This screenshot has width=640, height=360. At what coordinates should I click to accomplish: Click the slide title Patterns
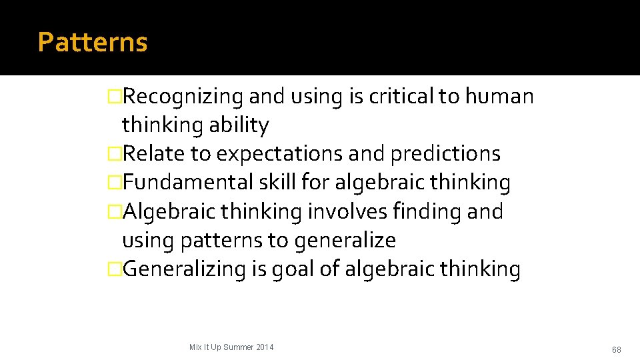coord(93,42)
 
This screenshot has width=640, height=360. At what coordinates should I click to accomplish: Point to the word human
coord(499,97)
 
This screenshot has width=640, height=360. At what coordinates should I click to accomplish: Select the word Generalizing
coord(185,269)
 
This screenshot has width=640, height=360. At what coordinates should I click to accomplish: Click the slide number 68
coord(616,350)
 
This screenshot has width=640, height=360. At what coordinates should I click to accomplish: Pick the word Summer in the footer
coord(237,347)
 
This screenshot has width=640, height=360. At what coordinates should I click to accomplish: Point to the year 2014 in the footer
coord(264,347)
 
